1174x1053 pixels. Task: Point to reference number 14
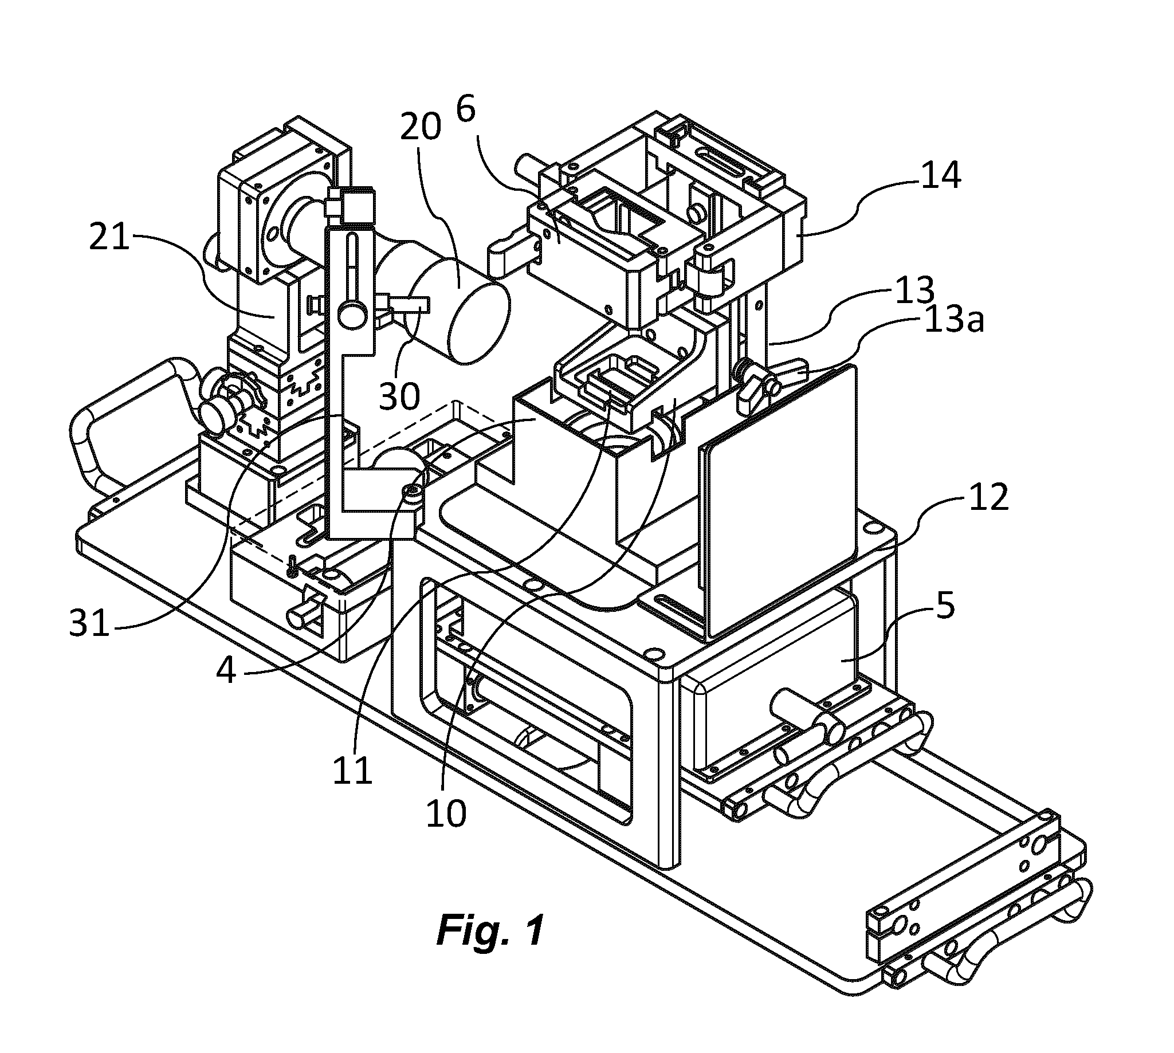(x=941, y=175)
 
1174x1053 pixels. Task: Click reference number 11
(x=352, y=770)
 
